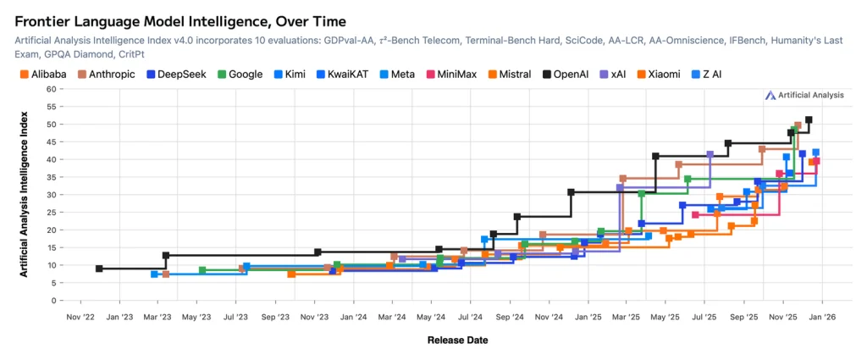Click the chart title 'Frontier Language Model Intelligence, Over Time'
coord(180,20)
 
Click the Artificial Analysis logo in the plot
coord(803,96)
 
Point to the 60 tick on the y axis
coord(51,89)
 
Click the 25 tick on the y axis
coord(51,213)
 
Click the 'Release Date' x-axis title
coord(457,341)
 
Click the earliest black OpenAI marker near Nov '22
coord(100,269)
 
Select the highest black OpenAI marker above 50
coord(809,120)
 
